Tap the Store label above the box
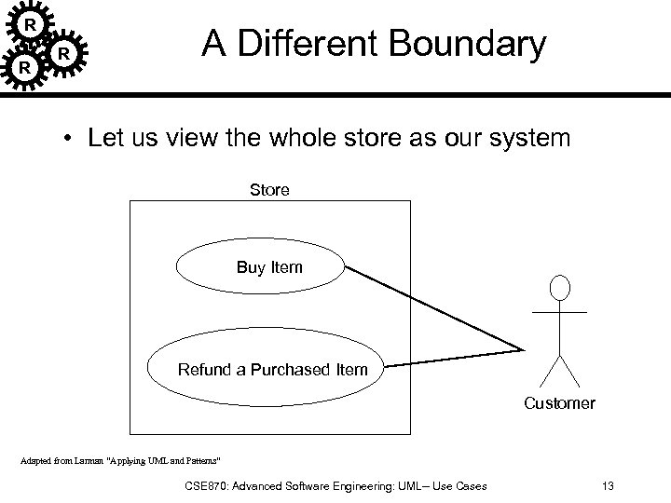point(269,190)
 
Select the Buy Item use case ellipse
point(269,268)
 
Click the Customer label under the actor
point(559,403)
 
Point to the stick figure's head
point(559,288)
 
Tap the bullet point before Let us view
point(70,141)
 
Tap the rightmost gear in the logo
point(62,55)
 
